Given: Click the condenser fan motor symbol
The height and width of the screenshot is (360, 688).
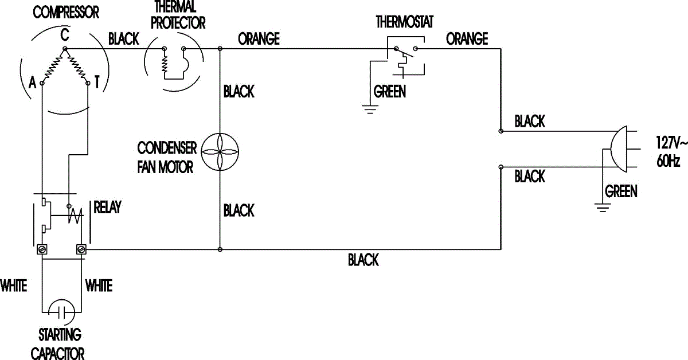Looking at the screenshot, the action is [x=221, y=151].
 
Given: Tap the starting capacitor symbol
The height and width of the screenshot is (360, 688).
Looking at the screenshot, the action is [x=61, y=312].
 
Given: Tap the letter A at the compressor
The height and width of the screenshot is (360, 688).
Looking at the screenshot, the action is [x=32, y=84].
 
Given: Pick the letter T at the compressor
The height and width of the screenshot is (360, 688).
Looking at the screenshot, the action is [x=97, y=84].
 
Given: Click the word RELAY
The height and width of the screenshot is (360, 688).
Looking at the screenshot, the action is [x=107, y=208].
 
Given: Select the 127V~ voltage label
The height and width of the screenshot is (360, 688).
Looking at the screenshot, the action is [x=671, y=142].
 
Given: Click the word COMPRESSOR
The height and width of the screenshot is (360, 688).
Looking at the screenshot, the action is [x=66, y=12].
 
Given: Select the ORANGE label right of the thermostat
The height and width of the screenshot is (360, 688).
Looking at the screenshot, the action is [x=467, y=38].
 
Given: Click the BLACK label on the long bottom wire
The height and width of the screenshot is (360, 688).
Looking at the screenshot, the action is [x=363, y=260].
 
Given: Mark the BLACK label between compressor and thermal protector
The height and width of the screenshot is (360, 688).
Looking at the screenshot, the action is [x=124, y=39].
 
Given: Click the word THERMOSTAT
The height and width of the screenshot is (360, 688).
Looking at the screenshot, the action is [x=404, y=22].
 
